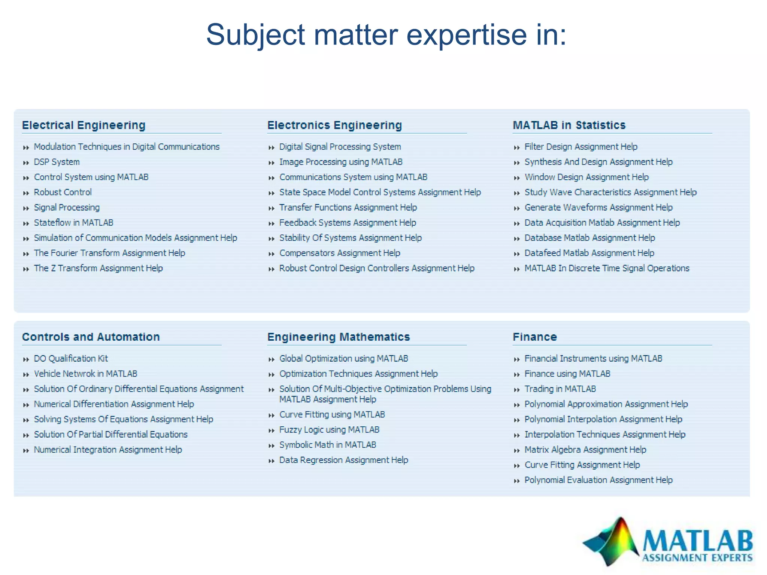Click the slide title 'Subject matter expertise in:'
click(386, 34)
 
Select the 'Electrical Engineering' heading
click(84, 125)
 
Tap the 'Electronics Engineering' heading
click(334, 125)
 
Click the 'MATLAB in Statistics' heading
click(569, 125)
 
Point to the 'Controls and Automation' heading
click(91, 337)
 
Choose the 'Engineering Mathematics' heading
click(339, 337)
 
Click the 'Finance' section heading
click(534, 337)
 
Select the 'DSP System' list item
click(57, 162)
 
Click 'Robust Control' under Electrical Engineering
click(63, 192)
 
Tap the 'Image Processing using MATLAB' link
click(340, 162)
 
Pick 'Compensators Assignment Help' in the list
click(339, 253)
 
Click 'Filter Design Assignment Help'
click(580, 147)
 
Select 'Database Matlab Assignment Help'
click(589, 238)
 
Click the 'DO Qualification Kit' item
click(71, 359)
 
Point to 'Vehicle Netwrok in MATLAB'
click(85, 374)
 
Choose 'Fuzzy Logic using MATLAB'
click(329, 430)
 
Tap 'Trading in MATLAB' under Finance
click(560, 389)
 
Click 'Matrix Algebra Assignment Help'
click(585, 450)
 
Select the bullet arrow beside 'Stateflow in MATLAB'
click(26, 223)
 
